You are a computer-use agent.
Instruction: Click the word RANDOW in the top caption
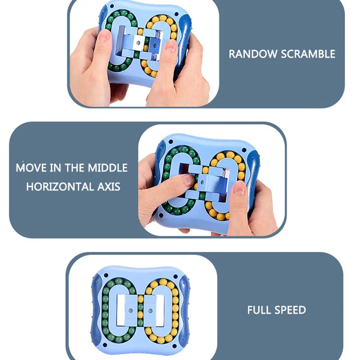253,54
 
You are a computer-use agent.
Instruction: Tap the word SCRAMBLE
308,54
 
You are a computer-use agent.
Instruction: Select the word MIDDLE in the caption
108,168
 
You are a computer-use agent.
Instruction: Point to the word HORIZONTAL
60,187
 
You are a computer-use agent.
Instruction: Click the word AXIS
109,187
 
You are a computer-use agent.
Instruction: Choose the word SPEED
291,310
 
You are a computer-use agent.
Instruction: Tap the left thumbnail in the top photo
104,35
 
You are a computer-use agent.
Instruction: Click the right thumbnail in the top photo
170,45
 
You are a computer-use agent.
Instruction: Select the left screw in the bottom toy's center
130,310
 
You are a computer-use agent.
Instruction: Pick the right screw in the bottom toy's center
150,311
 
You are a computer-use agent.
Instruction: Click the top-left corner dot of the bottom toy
106,275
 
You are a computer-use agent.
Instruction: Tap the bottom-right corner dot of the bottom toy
175,346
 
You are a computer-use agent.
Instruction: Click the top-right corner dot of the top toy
176,14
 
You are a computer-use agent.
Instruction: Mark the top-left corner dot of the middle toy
171,142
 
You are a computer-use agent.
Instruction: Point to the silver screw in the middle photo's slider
202,183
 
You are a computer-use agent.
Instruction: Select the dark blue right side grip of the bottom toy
185,310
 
